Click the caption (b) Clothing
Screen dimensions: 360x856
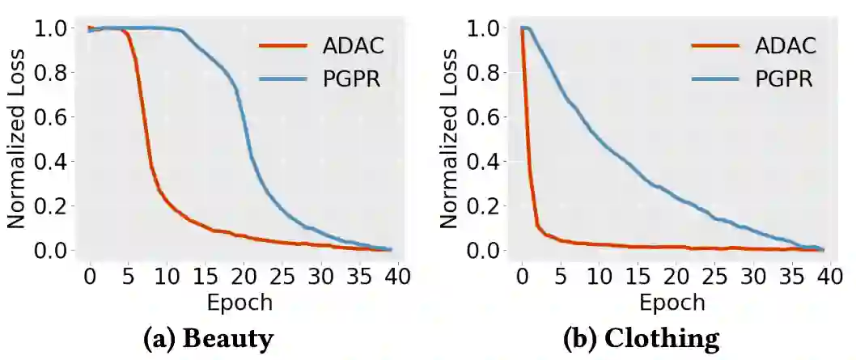tap(641, 338)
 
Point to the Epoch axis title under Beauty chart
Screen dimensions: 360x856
tap(239, 303)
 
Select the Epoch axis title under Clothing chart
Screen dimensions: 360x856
tap(672, 303)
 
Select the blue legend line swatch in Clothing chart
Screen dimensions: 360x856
tap(715, 79)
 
